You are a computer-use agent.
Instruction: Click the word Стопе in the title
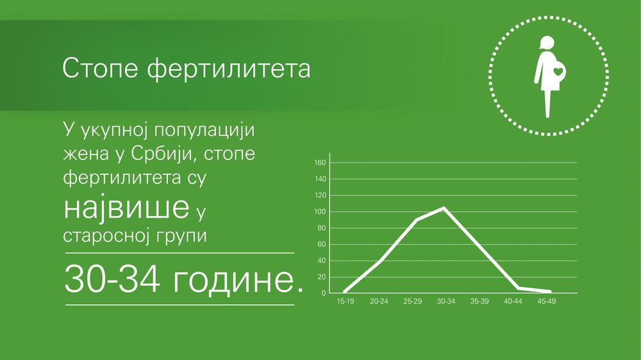(100, 68)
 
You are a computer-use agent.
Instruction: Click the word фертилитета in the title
(229, 69)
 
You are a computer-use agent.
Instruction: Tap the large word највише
(127, 207)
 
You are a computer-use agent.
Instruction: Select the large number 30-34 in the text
(112, 279)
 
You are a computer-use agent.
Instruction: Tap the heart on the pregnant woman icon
(558, 72)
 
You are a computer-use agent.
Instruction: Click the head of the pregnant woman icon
(547, 42)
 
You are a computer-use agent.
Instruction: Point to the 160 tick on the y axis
(320, 163)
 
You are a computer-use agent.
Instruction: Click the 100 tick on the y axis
(320, 211)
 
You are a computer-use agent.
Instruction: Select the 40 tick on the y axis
(322, 261)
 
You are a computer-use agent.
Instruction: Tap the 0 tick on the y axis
(324, 293)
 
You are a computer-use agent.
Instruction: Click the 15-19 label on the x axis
(345, 302)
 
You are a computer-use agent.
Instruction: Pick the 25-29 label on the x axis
(412, 302)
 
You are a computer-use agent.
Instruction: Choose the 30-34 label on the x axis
(446, 302)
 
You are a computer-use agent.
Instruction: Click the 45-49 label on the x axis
(547, 302)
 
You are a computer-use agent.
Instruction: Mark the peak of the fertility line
(444, 208)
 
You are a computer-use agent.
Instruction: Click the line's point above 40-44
(519, 288)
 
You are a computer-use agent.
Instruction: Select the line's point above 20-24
(381, 260)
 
